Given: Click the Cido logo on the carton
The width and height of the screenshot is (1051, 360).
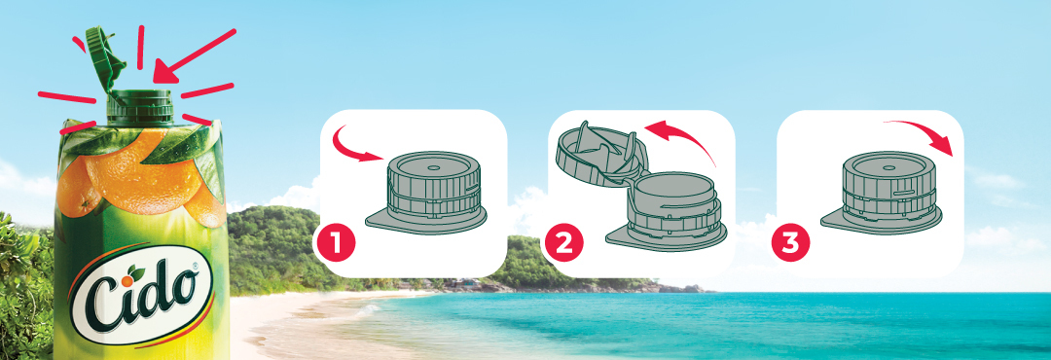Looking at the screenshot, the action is coord(142,296).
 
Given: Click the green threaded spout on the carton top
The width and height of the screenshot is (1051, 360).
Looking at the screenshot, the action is coord(140,107).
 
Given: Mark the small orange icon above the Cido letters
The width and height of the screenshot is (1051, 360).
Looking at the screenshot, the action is coord(136,272).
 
